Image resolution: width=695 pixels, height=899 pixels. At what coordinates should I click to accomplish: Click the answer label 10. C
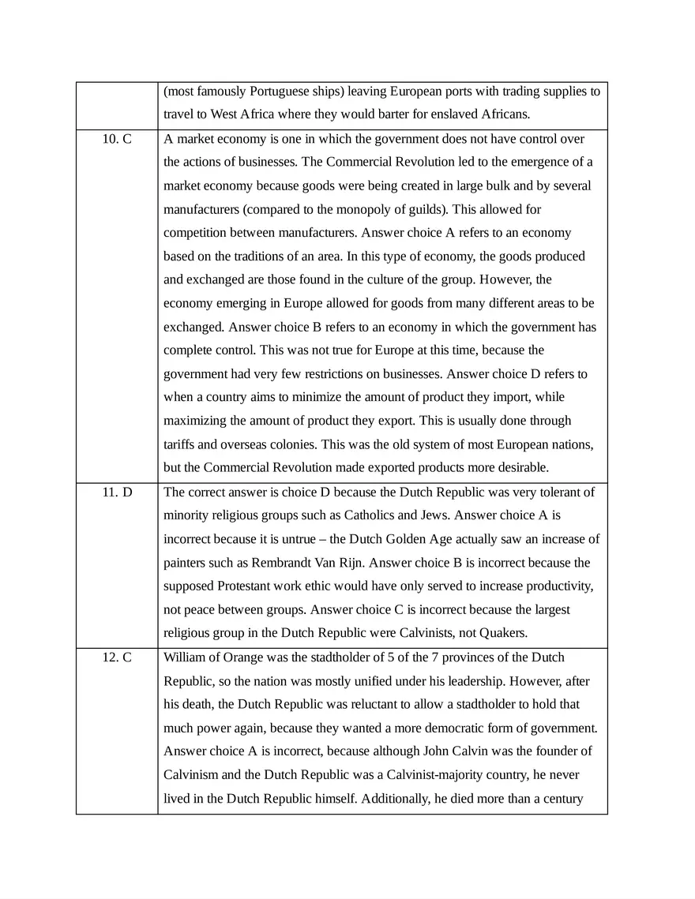(x=117, y=139)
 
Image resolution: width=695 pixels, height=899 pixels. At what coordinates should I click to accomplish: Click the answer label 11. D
(x=117, y=493)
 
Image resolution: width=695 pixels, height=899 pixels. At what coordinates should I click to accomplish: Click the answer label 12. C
(x=117, y=657)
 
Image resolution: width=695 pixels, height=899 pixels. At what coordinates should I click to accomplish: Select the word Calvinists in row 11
(x=427, y=634)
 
